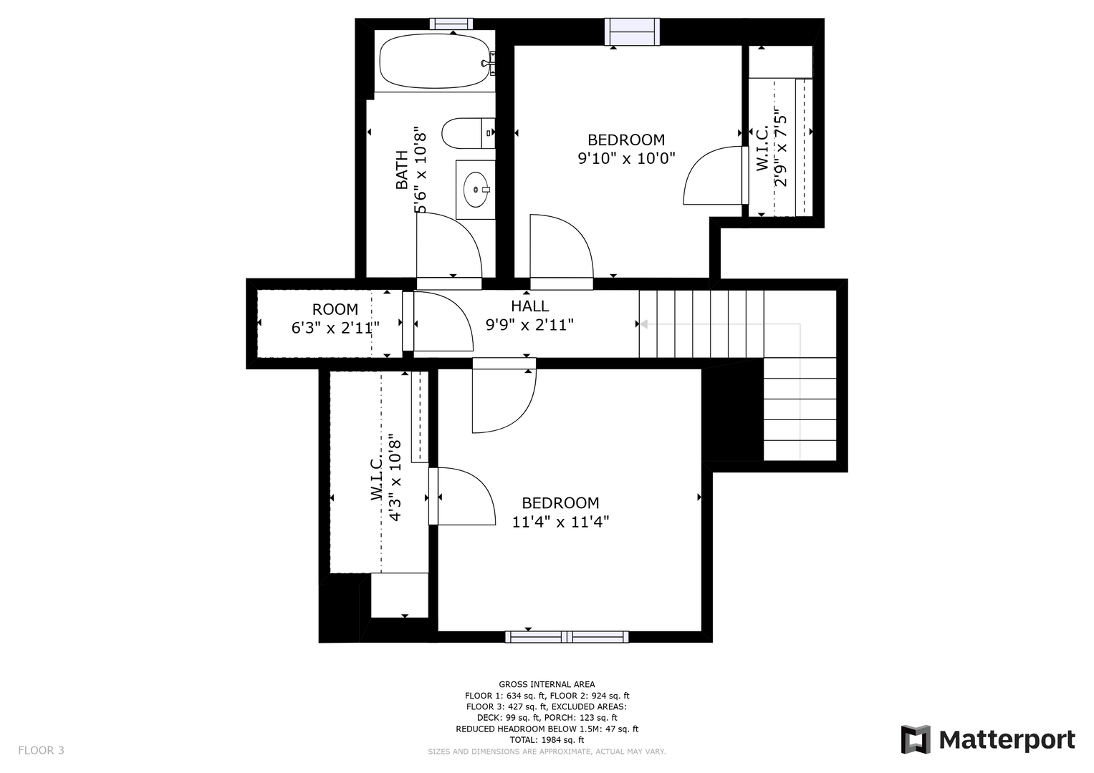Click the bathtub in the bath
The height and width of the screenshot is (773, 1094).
pos(435,61)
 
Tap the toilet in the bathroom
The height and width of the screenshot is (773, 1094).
pos(468,132)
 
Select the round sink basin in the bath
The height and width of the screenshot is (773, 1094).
pos(475,190)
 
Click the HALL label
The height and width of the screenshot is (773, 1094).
pos(530,306)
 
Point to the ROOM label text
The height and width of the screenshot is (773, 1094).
pos(335,309)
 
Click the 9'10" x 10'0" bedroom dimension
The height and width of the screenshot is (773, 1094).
pos(626,158)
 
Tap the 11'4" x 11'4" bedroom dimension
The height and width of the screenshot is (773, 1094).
pos(560,522)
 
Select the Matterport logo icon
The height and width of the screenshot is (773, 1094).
pos(916,739)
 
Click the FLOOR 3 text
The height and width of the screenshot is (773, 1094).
pos(41,750)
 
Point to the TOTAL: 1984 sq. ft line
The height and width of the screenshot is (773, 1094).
pos(547,740)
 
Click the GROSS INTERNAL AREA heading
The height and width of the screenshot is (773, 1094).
pos(547,684)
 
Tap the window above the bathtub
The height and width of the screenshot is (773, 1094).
pos(451,24)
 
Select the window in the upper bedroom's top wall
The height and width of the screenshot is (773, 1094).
pos(632,31)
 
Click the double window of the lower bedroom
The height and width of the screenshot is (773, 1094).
pos(567,636)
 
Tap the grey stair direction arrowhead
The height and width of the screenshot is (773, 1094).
pos(643,324)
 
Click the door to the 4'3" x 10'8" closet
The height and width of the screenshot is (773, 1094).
pos(462,496)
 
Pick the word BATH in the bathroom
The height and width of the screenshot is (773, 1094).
pos(401,170)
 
